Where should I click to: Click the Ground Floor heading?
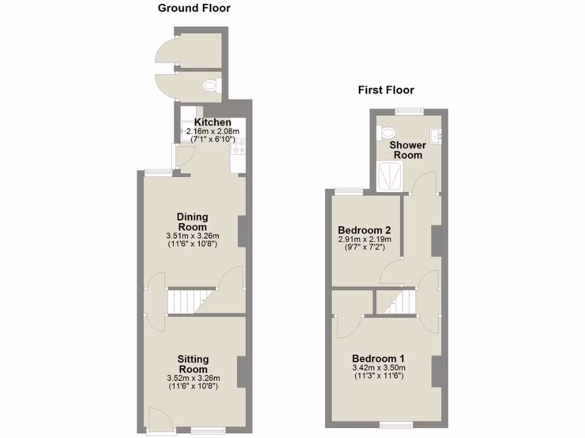coord(194,8)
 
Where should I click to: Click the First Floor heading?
coord(386,90)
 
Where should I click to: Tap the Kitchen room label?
coord(213,123)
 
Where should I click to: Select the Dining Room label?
coord(193,222)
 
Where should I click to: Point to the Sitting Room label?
coord(193,364)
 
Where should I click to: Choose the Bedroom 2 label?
coord(364,230)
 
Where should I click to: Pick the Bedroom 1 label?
coord(378,358)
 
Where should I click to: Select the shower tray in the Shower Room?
coord(390,175)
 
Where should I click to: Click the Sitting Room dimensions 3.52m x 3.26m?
coord(193,378)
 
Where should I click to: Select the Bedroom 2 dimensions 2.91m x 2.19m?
coord(364,240)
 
